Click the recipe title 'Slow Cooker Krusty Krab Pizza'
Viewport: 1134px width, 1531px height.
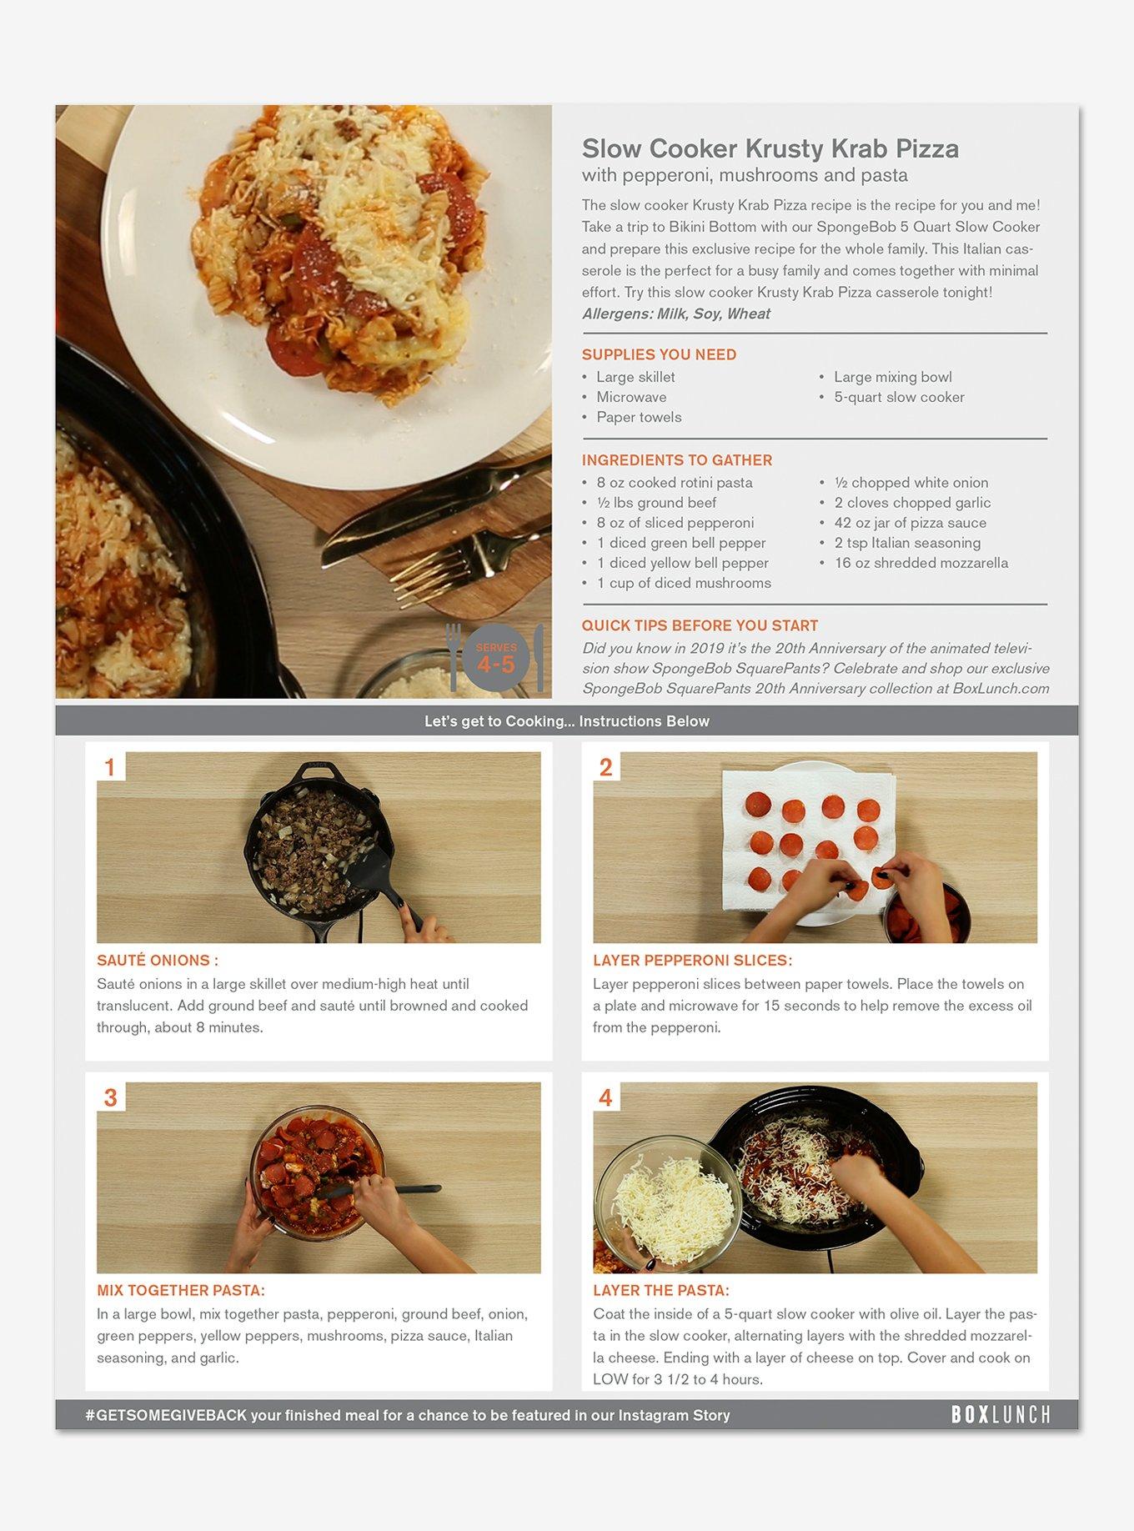[770, 148]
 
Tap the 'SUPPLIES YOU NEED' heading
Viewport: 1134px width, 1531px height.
[659, 354]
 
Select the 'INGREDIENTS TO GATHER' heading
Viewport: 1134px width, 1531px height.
[677, 460]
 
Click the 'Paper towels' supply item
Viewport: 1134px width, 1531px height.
[639, 417]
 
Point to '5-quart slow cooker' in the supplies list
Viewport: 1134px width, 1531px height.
[899, 397]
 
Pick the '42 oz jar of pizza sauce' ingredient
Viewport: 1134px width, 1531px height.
[910, 523]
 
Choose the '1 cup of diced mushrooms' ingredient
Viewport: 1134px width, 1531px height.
[684, 583]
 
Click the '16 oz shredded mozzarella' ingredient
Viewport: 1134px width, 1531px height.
[921, 563]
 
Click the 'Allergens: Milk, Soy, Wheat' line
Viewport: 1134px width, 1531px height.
[676, 314]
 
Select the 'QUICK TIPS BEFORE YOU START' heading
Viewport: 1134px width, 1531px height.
[700, 625]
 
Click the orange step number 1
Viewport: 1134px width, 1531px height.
[110, 766]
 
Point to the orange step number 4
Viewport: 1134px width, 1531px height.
[605, 1097]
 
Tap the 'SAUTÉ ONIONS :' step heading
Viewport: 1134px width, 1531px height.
[158, 961]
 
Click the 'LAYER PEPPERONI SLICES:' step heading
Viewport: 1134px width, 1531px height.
[692, 961]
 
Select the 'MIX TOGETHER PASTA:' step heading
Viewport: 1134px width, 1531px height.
[181, 1291]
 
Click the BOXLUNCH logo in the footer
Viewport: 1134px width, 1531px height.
[1001, 1414]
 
